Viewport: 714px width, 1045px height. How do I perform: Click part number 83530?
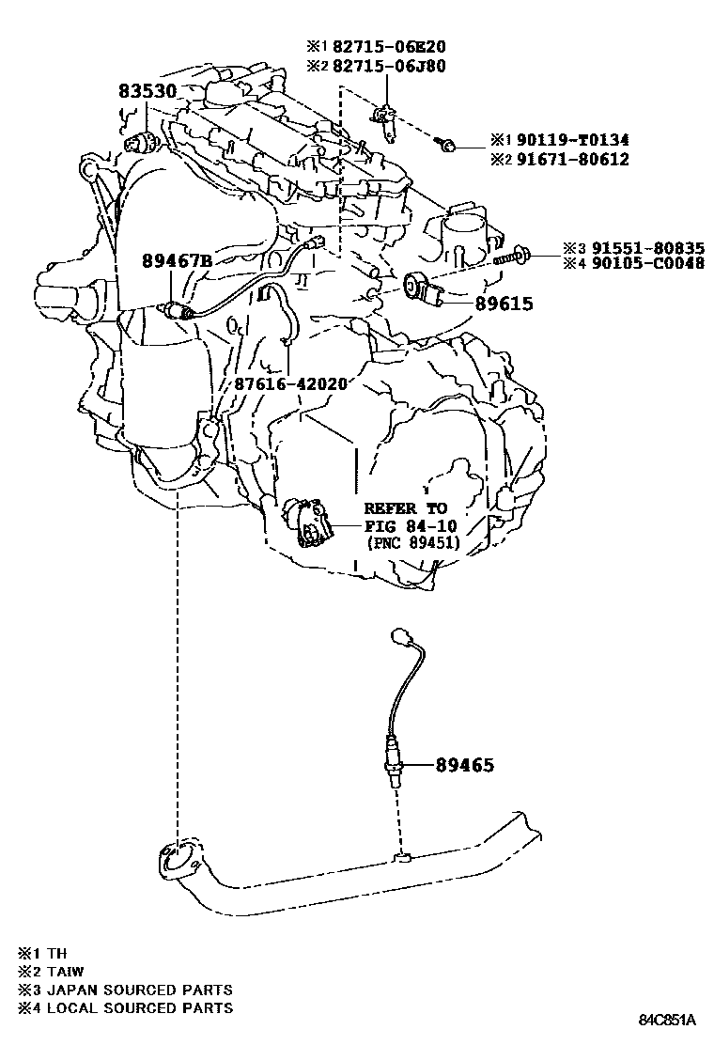147,91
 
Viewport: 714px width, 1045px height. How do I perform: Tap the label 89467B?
177,260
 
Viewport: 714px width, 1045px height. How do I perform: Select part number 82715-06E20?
389,47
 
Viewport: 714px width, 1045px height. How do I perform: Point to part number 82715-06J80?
389,66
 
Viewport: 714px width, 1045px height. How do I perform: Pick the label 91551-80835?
647,249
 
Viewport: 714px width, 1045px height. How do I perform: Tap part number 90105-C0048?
647,264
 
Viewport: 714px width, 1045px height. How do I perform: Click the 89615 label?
504,304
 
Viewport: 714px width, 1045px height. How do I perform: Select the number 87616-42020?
290,383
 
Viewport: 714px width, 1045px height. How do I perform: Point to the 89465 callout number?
465,765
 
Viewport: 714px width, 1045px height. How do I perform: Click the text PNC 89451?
413,543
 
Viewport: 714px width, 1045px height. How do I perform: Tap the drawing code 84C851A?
667,1020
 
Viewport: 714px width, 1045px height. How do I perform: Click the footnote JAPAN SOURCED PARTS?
140,990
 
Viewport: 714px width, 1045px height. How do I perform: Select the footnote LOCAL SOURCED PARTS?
140,1007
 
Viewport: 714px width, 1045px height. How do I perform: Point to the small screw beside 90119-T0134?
445,143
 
